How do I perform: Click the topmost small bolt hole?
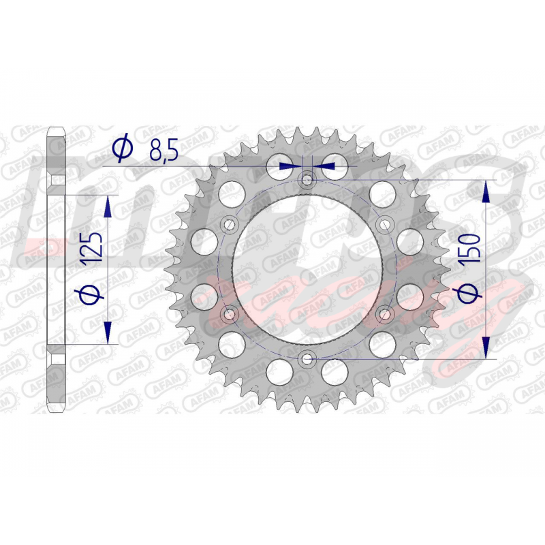[307, 179]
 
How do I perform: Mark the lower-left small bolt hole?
[229, 314]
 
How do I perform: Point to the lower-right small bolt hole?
[386, 314]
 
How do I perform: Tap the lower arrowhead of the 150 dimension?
[486, 347]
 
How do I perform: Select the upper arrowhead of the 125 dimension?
[108, 206]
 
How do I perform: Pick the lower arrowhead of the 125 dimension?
[108, 332]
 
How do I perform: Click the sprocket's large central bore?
[307, 269]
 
